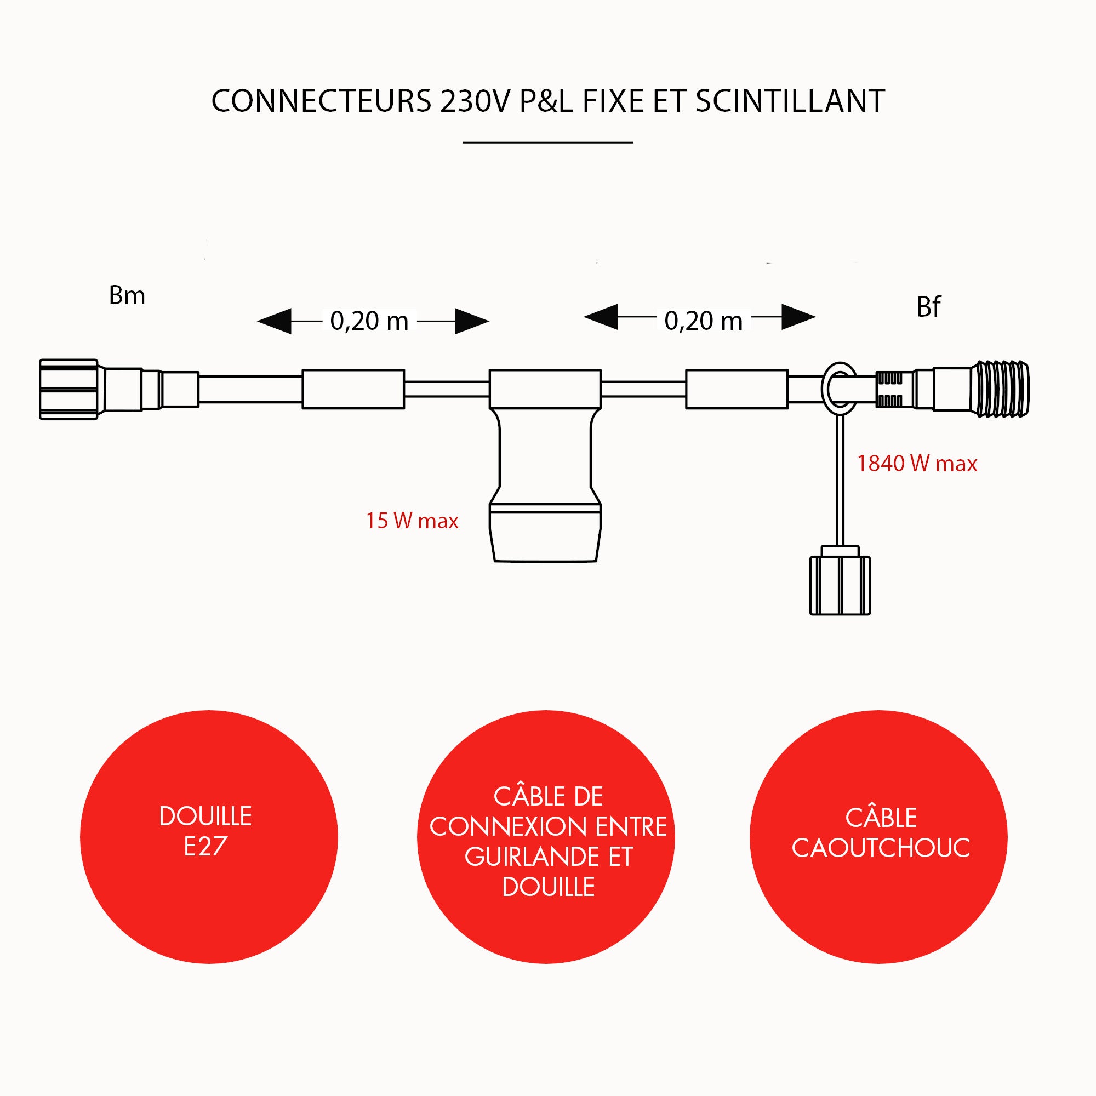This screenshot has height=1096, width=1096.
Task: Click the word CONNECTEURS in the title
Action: [321, 101]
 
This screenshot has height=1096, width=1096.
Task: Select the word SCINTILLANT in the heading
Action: [790, 101]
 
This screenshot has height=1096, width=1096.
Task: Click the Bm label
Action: [127, 295]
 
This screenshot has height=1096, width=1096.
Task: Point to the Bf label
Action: [929, 307]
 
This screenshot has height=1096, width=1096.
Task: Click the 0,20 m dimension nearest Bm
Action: [369, 321]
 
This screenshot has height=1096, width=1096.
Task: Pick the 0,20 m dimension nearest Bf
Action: [704, 321]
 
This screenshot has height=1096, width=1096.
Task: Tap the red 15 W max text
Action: [412, 521]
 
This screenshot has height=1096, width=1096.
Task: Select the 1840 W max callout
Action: [917, 464]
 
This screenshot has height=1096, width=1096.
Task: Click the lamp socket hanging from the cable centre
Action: [545, 482]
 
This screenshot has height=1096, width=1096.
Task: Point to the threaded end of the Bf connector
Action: [1001, 389]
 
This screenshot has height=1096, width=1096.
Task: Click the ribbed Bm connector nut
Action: [68, 389]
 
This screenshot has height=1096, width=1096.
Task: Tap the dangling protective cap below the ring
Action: [840, 584]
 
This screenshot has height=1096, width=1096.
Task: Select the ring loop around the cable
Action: [840, 389]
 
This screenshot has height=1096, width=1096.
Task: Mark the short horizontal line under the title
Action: [547, 142]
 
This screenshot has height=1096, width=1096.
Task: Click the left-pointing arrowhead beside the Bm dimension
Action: [275, 322]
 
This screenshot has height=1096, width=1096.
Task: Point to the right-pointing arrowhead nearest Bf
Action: [798, 317]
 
